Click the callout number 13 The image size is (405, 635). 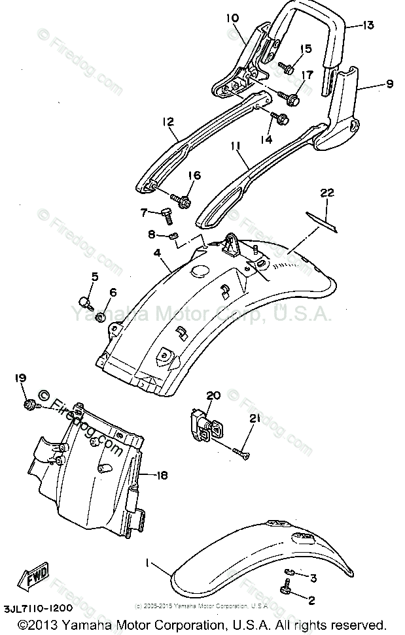(x=368, y=25)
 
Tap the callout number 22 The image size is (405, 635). (x=327, y=193)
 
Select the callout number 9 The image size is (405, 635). (x=389, y=84)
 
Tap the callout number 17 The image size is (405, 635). (x=306, y=75)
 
